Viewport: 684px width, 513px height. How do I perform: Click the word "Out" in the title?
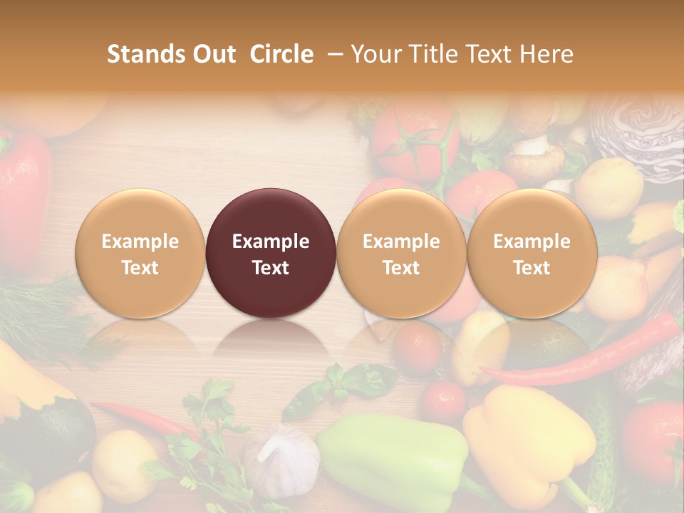[214, 54]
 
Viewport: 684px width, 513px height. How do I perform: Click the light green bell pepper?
[392, 456]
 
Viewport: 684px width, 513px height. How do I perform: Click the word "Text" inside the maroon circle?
[271, 268]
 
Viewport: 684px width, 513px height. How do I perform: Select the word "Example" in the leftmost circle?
[140, 242]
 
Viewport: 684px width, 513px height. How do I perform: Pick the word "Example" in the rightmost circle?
[532, 242]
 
